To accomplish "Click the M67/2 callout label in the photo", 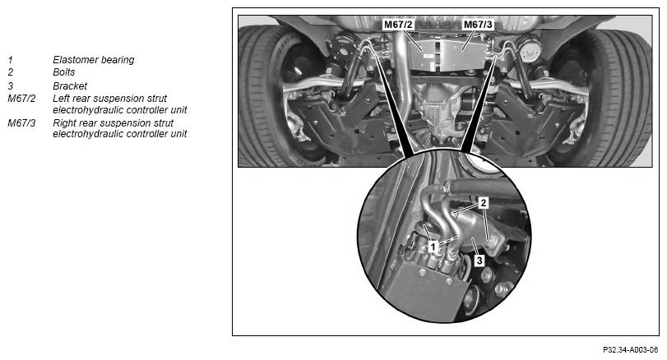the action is [398, 25].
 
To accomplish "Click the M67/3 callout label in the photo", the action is [478, 25].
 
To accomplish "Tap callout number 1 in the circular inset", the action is [433, 247].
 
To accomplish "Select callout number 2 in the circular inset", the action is [483, 203].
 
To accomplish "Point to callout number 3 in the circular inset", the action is [479, 260].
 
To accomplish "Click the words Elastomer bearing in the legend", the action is [94, 60].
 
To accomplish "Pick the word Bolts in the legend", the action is [64, 72].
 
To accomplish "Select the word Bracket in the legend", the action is [70, 85].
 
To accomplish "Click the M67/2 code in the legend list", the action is [21, 99].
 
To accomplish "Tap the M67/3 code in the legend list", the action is [21, 123].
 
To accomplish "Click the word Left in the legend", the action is [61, 99].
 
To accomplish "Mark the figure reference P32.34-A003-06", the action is [630, 350].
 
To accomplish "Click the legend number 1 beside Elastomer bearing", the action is [10, 60].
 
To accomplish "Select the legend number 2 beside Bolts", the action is [10, 72].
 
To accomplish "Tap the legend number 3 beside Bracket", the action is [10, 85].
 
